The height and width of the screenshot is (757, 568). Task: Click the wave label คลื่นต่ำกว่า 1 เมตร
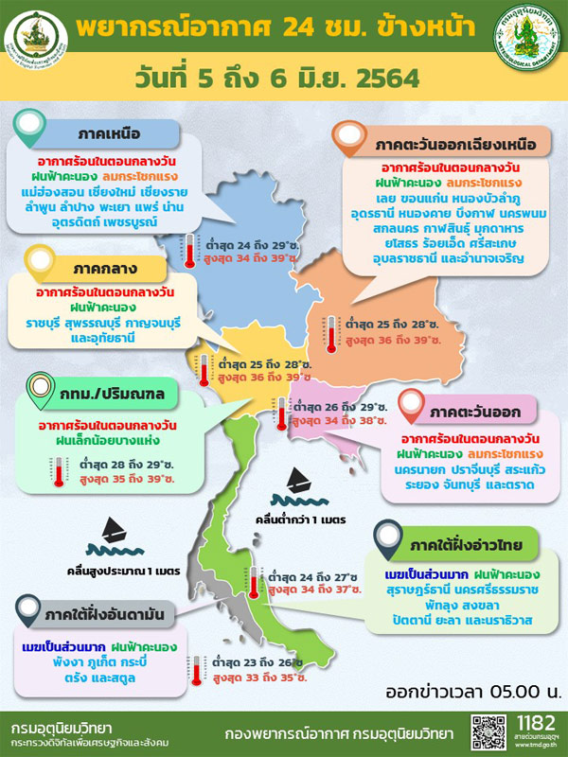(293, 519)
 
